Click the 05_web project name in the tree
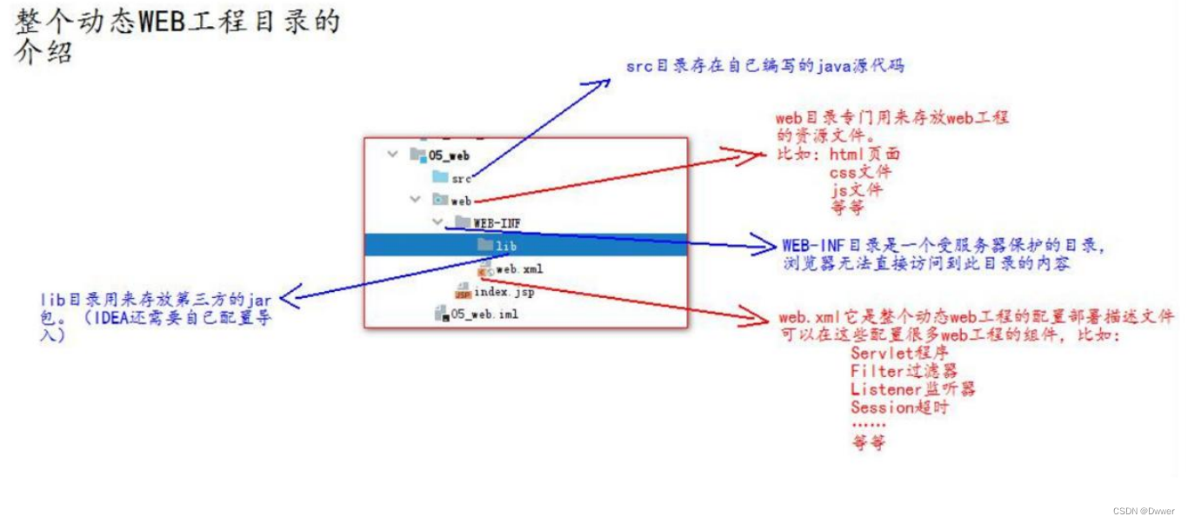coord(449,156)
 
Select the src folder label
coord(461,178)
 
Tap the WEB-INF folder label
coord(497,223)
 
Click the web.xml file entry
coord(519,268)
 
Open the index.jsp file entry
coord(504,292)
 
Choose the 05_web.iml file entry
coord(484,314)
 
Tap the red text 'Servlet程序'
coord(899,353)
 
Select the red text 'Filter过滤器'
coord(904,371)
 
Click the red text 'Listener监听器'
coord(912,389)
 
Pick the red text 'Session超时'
coord(899,407)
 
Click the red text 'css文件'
coord(860,171)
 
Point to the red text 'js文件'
coord(857,189)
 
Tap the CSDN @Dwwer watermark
coord(1145,512)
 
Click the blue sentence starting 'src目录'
coord(764,66)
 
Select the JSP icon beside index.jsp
coord(463,292)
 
